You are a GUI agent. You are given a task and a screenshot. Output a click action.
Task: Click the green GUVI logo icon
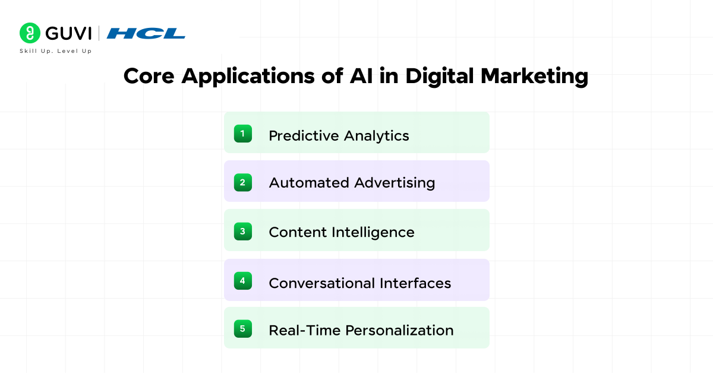tap(30, 33)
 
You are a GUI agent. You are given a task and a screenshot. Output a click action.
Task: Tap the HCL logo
tap(146, 33)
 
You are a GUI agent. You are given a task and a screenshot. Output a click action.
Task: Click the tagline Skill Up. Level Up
tap(56, 51)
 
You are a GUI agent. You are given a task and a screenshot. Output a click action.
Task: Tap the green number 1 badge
tap(242, 134)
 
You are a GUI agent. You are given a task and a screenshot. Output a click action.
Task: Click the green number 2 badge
tap(242, 182)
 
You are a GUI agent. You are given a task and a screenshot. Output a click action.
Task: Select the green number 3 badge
tap(242, 231)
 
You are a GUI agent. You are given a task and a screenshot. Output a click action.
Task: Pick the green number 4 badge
tap(242, 280)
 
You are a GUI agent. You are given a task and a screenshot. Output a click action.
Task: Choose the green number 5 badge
tap(242, 328)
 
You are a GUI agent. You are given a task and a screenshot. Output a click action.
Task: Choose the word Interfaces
tap(415, 283)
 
